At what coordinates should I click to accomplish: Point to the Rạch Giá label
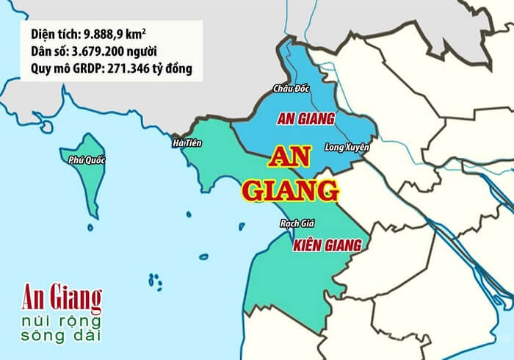(297, 223)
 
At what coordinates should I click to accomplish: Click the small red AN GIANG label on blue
(305, 118)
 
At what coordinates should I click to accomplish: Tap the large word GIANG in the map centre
(290, 190)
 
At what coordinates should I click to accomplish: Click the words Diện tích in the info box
(54, 34)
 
